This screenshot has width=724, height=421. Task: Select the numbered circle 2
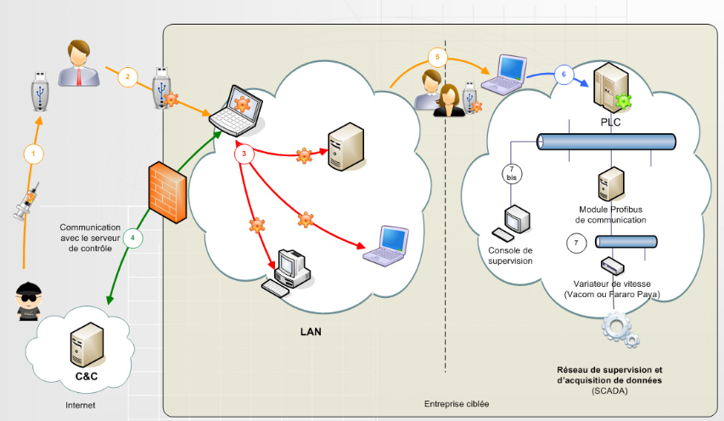pos(126,76)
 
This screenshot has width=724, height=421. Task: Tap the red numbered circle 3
pos(244,154)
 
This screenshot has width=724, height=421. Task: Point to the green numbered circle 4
pos(132,239)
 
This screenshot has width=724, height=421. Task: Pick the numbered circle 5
pos(437,58)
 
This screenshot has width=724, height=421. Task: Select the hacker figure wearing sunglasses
pos(32,300)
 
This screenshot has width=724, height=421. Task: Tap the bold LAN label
pos(311,332)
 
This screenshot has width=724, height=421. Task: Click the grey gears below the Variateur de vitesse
pos(622,331)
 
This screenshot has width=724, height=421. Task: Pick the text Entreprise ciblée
pos(457,403)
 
